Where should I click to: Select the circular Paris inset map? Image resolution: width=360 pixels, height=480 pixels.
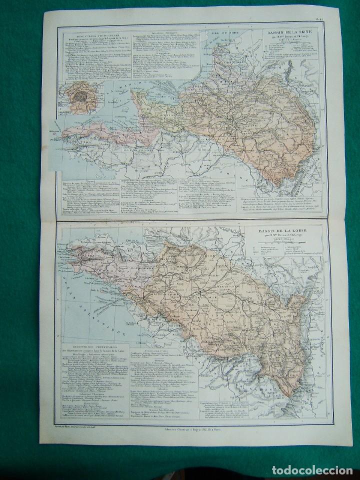pos(78,96)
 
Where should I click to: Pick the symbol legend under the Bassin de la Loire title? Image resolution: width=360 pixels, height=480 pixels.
pos(274,254)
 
